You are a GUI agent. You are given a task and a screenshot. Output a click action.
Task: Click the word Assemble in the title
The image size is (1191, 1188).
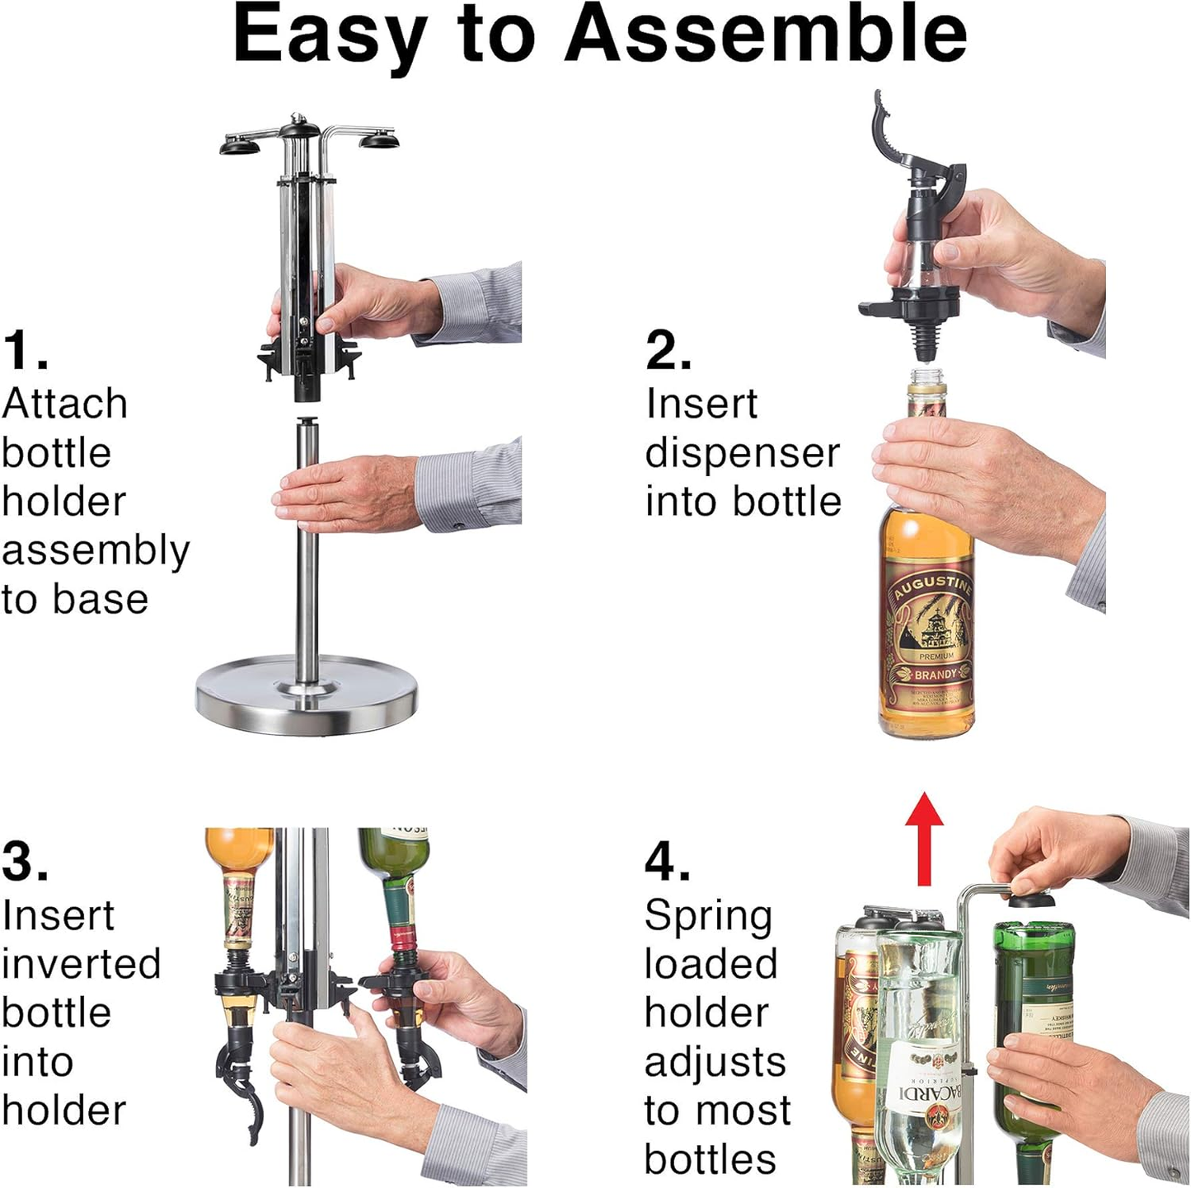tap(765, 34)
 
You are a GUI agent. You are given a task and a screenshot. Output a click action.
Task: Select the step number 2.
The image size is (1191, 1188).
tap(668, 349)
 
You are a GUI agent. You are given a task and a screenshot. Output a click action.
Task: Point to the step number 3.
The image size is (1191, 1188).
tap(25, 861)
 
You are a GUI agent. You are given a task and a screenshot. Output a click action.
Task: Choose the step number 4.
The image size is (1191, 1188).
tap(668, 861)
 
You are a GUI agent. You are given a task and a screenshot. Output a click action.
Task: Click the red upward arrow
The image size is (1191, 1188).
tap(924, 836)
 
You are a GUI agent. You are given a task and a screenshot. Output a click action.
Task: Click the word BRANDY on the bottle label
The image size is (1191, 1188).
tap(935, 674)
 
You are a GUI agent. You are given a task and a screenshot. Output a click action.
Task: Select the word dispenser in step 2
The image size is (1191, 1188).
tap(742, 453)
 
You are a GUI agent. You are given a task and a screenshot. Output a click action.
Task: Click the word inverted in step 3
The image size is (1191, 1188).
tap(81, 964)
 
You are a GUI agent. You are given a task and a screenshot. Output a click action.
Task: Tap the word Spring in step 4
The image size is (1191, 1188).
tap(708, 915)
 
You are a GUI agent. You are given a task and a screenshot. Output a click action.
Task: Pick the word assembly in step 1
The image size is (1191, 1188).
tap(96, 550)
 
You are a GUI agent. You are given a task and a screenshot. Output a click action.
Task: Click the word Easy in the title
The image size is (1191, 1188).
tap(330, 34)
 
